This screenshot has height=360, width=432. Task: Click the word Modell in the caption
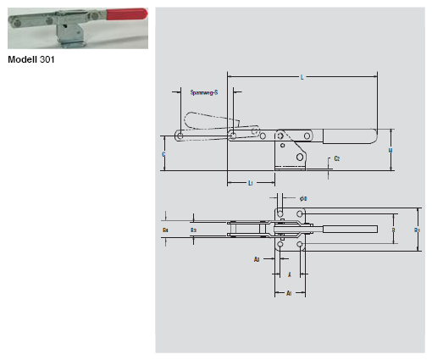click(x=22, y=60)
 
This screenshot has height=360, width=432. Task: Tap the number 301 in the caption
click(x=47, y=60)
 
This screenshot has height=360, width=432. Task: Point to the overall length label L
click(x=302, y=78)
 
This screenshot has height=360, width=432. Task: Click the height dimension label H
click(x=390, y=150)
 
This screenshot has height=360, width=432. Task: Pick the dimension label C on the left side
click(x=163, y=155)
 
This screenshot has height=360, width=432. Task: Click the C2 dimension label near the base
click(x=337, y=158)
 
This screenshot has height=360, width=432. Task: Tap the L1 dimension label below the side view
click(x=251, y=183)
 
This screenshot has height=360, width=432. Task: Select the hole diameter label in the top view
click(x=303, y=198)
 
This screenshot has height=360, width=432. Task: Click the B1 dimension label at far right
click(x=416, y=229)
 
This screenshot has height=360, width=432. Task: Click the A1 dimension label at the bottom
click(x=288, y=293)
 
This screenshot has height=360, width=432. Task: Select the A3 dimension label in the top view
click(x=257, y=260)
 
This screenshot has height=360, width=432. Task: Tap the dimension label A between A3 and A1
click(x=289, y=274)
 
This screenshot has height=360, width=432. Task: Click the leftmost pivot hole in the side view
click(x=180, y=136)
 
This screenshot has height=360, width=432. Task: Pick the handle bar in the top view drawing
click(x=349, y=230)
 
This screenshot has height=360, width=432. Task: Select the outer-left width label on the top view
click(x=165, y=229)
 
